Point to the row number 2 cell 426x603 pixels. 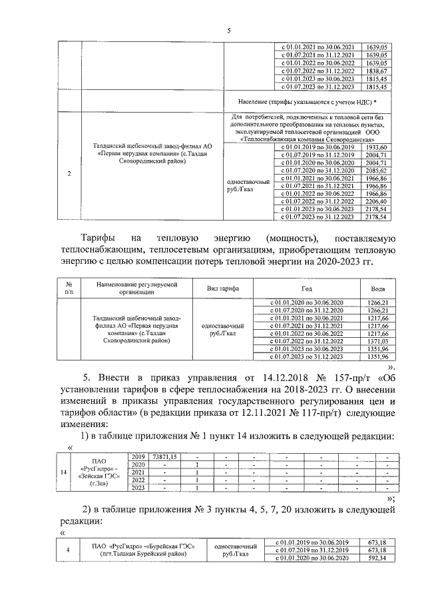[x=70, y=175]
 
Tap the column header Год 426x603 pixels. [x=306, y=288]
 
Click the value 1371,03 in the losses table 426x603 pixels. [x=377, y=340]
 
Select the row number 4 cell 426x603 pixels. [x=67, y=550]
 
